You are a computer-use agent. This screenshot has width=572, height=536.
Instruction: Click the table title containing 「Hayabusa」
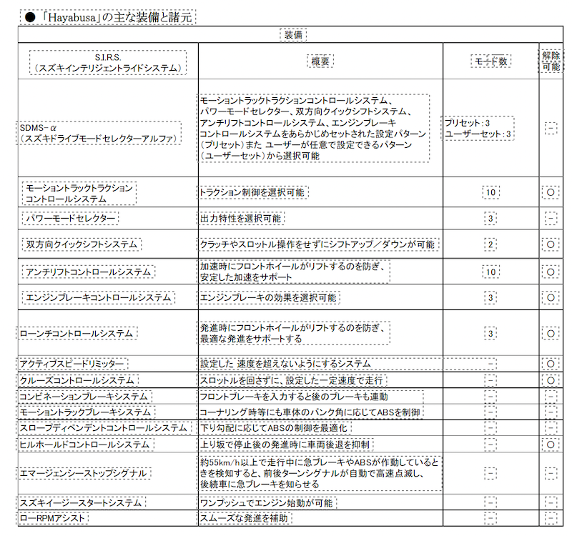[x=107, y=15]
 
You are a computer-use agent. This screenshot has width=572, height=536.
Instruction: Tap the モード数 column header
[x=491, y=61]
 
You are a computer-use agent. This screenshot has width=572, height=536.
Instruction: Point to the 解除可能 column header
[x=551, y=61]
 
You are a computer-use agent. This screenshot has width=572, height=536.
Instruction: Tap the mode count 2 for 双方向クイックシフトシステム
[x=491, y=244]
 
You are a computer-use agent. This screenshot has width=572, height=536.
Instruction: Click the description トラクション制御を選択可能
[x=255, y=192]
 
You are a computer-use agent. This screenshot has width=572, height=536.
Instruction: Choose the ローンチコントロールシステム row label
[x=79, y=333]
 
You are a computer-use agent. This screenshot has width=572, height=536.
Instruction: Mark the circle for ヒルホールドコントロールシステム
[x=551, y=445]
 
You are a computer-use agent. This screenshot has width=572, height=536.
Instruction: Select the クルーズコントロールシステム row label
[x=79, y=379]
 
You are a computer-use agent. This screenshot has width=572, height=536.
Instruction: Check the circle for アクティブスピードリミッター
[x=551, y=364]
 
